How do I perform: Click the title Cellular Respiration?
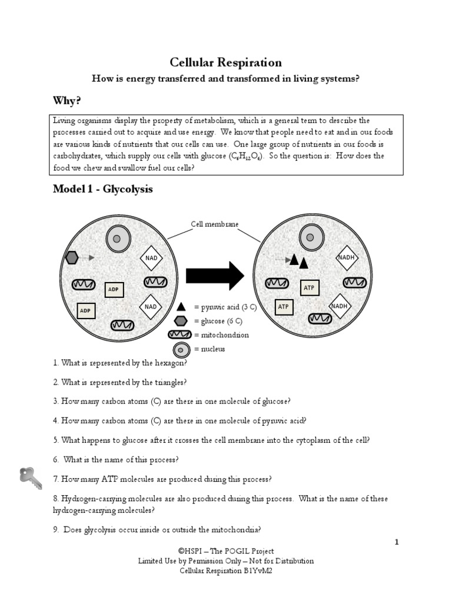(225, 62)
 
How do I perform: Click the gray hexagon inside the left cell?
(72, 257)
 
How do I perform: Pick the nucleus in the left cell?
(117, 238)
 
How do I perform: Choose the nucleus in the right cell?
(310, 238)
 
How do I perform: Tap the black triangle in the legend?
(182, 307)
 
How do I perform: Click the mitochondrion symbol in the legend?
(180, 335)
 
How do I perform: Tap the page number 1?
(397, 542)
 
